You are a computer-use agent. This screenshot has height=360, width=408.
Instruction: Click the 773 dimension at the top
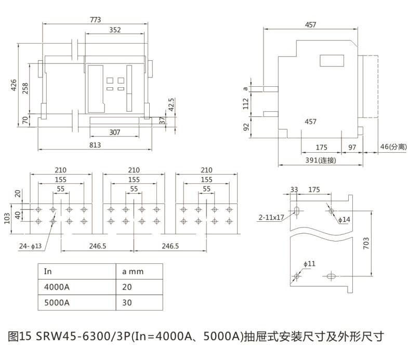pyautogui.click(x=95, y=20)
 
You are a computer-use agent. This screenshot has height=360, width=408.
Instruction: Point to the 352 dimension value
pyautogui.click(x=115, y=31)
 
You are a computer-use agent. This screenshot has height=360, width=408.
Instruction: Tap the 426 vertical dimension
pyautogui.click(x=15, y=85)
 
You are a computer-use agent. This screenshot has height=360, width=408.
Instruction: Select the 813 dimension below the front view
pyautogui.click(x=95, y=145)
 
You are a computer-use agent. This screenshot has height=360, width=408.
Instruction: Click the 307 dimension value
pyautogui.click(x=115, y=132)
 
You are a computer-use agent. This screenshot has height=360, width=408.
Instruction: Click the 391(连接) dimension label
pyautogui.click(x=321, y=160)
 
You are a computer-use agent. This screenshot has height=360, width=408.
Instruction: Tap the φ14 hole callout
pyautogui.click(x=345, y=220)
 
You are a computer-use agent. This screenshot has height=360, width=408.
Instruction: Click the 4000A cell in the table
pyautogui.click(x=56, y=287)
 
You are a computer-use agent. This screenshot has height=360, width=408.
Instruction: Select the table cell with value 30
pyautogui.click(x=127, y=302)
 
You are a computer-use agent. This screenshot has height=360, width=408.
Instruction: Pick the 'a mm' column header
pyautogui.click(x=133, y=271)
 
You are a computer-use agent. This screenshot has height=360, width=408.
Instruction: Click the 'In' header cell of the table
pyautogui.click(x=48, y=271)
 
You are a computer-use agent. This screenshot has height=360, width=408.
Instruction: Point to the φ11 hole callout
pyautogui.click(x=310, y=264)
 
